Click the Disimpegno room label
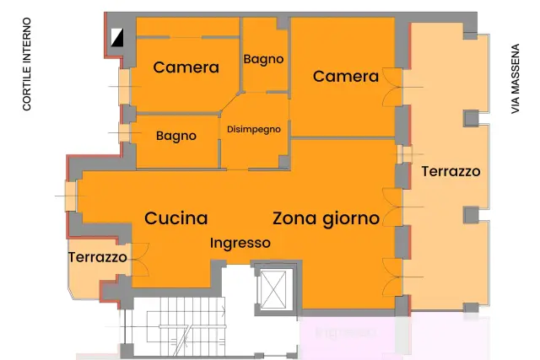tap(254, 130)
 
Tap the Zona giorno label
tap(327, 219)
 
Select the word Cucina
tap(176, 218)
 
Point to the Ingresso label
tap(240, 244)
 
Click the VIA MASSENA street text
tap(516, 78)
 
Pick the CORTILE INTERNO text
tap(27, 64)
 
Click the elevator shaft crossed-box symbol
tap(273, 290)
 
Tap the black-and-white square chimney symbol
tap(117, 37)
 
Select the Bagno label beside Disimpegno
tap(176, 136)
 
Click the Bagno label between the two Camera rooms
tap(263, 59)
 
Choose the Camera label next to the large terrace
tap(346, 77)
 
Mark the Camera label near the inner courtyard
tap(186, 67)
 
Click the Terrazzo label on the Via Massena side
tap(451, 171)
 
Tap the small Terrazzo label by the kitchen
tap(98, 257)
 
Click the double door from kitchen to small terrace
tap(140, 260)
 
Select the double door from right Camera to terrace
tap(392, 87)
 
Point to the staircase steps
tap(186, 326)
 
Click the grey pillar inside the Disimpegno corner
tap(284, 162)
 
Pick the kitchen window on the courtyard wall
tap(71, 196)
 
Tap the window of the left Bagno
tap(125, 133)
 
